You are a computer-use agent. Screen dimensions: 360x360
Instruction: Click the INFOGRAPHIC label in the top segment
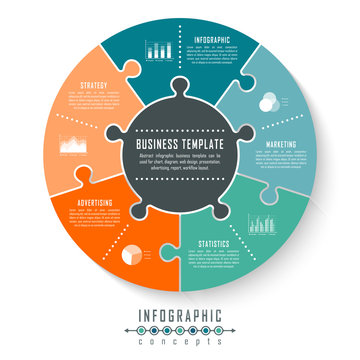click(211, 40)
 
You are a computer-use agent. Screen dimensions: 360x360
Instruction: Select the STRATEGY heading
click(94, 86)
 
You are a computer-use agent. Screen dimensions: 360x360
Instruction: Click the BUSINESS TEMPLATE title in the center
click(179, 144)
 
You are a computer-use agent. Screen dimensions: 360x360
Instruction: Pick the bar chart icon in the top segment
click(158, 49)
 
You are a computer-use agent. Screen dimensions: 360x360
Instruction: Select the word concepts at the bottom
click(180, 347)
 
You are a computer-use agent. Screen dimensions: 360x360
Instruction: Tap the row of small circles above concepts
click(180, 333)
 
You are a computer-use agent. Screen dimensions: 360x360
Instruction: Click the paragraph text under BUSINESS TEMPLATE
click(179, 163)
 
